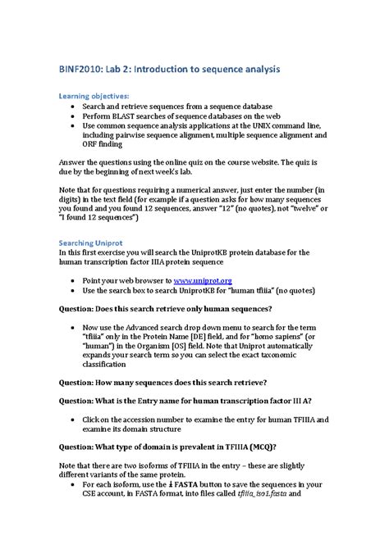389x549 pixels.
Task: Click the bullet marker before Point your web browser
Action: tap(76, 279)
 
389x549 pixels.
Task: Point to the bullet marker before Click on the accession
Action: tap(76, 419)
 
